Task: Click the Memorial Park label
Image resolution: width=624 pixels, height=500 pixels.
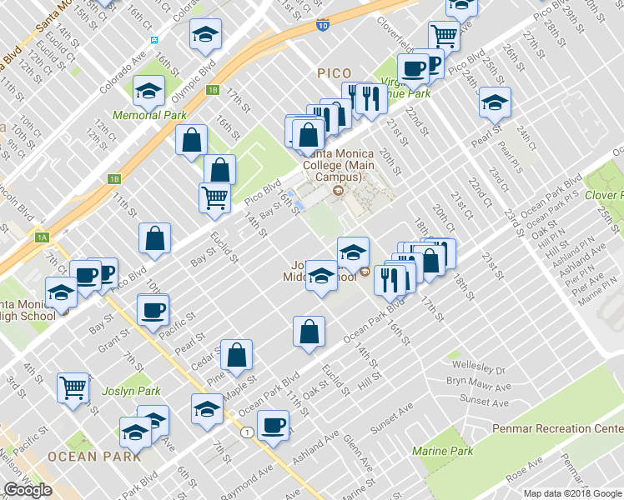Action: pos(150,114)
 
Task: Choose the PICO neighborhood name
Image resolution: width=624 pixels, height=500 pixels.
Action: pos(335,73)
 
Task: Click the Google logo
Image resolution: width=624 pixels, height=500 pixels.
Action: pos(28,490)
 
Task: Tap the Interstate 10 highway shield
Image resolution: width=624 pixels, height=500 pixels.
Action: pos(322,26)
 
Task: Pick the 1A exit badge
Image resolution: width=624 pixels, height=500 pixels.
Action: pos(42,237)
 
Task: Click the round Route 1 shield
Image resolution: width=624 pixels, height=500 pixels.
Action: pos(247,432)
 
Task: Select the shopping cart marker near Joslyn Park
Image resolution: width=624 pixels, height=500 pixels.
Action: pos(73,387)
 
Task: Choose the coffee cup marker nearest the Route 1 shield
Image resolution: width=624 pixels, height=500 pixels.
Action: pos(273,426)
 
